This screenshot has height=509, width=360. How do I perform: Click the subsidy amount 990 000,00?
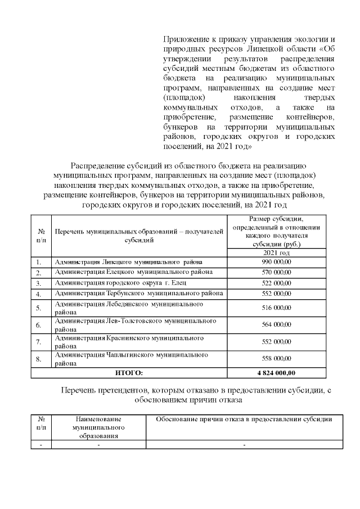276,262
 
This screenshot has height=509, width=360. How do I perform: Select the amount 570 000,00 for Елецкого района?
276,272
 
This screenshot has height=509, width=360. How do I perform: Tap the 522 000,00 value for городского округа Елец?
276,282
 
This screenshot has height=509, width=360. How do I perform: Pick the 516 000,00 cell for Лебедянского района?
276,308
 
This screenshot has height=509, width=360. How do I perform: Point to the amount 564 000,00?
276,325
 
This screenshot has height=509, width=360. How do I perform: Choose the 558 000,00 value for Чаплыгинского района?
276,358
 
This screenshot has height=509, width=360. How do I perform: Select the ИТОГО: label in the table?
129,372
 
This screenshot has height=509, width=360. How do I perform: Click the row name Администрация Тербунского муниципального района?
138,293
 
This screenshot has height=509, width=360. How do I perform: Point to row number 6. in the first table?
39,325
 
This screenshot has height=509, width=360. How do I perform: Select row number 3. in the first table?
39,282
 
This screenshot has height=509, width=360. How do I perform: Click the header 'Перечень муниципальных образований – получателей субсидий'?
138,236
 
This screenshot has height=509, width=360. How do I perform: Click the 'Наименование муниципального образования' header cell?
98,427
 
